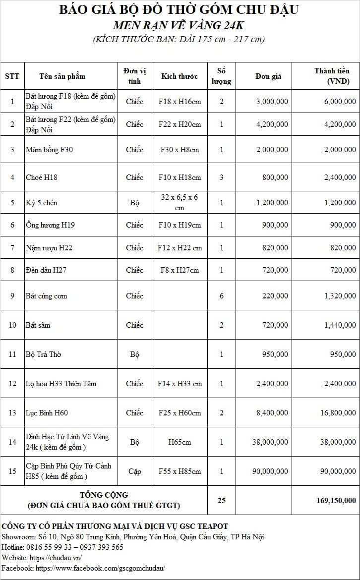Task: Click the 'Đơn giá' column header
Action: (x=268, y=76)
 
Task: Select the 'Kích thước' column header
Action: (x=179, y=76)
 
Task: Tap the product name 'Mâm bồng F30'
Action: (x=49, y=149)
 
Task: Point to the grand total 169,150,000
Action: (x=336, y=500)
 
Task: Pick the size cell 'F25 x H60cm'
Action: (x=180, y=412)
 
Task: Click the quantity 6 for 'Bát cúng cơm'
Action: (x=222, y=295)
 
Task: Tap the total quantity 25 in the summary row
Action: (x=222, y=500)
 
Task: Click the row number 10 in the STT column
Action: (x=12, y=325)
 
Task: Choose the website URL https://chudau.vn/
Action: (x=56, y=557)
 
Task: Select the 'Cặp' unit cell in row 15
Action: (x=134, y=471)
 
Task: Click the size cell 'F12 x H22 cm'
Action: (x=180, y=247)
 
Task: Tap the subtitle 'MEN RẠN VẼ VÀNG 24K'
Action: (x=179, y=25)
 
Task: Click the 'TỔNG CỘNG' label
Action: (x=104, y=495)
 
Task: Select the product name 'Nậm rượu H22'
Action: (x=49, y=247)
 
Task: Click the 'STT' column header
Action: (x=12, y=76)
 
